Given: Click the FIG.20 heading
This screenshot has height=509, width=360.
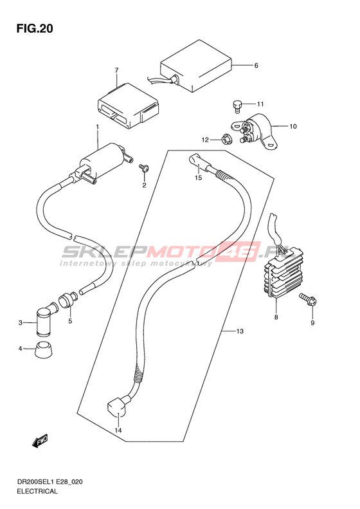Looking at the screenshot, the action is pyautogui.click(x=35, y=28).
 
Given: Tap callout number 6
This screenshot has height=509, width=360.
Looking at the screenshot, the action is pyautogui.click(x=256, y=66).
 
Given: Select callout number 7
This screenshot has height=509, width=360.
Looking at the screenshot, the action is pyautogui.click(x=117, y=70).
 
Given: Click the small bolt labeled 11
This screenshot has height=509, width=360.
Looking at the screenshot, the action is pyautogui.click(x=237, y=106).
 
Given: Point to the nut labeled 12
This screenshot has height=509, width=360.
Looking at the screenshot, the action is pyautogui.click(x=226, y=140).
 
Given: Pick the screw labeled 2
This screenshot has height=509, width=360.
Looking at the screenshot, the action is pyautogui.click(x=143, y=167).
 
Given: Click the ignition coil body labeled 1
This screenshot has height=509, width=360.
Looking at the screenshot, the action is pyautogui.click(x=105, y=162).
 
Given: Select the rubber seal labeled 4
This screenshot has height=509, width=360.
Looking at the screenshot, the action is pyautogui.click(x=44, y=349).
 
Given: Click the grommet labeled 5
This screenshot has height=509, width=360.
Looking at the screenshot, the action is pyautogui.click(x=66, y=299).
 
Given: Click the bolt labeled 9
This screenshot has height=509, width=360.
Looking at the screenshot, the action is pyautogui.click(x=308, y=300).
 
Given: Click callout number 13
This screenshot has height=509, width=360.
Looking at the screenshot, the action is pyautogui.click(x=240, y=331).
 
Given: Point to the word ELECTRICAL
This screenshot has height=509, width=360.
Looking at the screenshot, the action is pyautogui.click(x=37, y=491).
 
